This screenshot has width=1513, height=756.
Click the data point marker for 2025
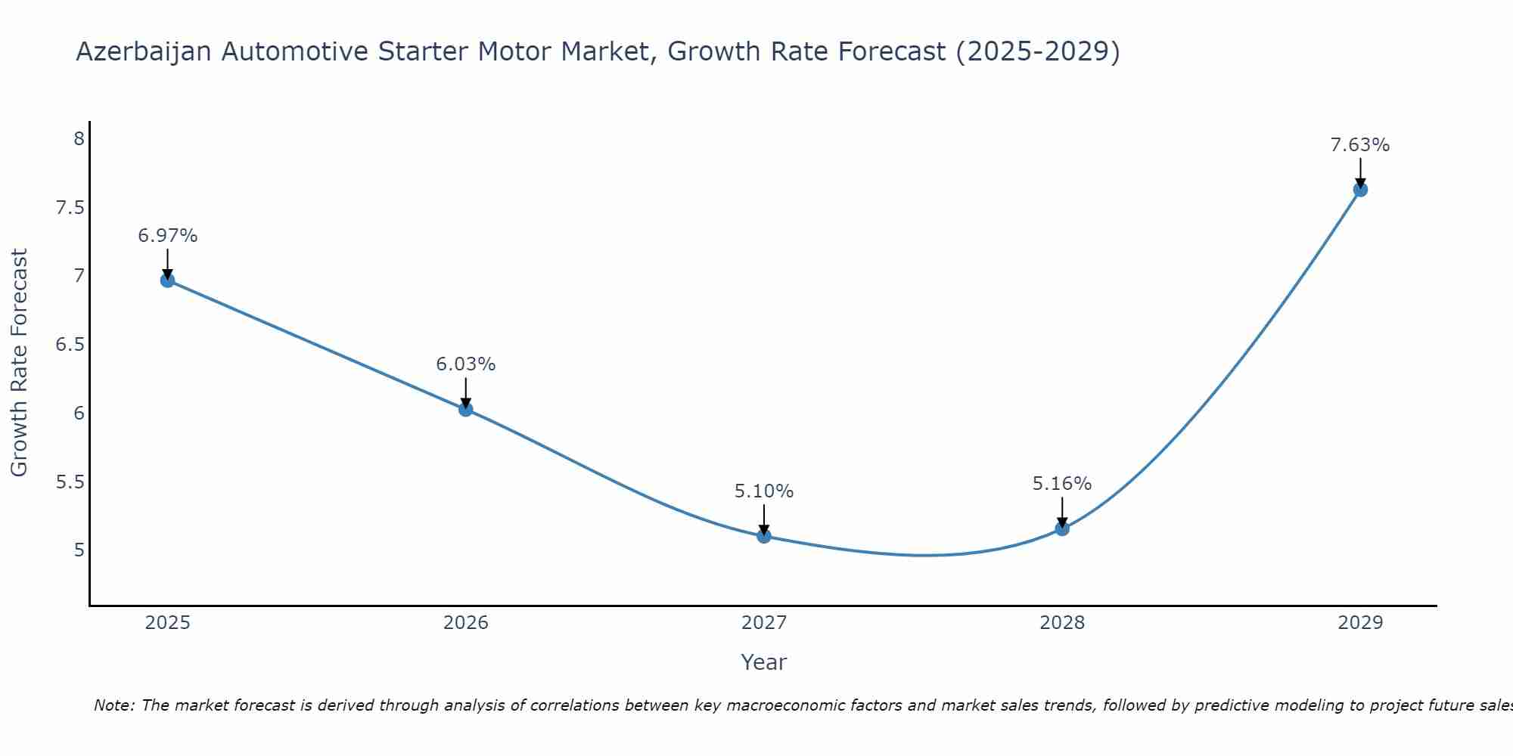(x=167, y=280)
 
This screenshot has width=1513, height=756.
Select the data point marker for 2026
(x=465, y=409)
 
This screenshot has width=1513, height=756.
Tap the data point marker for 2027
(x=763, y=536)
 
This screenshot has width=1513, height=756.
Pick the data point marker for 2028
(x=1061, y=528)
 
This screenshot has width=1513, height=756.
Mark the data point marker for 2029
(x=1359, y=190)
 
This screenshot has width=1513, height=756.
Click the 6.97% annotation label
(x=167, y=236)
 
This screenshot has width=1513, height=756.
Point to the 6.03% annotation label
(x=465, y=364)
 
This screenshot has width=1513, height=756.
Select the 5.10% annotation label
(x=763, y=491)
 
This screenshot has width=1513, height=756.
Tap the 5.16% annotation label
(x=1061, y=484)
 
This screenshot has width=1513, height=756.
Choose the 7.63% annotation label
(x=1359, y=145)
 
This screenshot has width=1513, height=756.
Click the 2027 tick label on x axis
(x=763, y=623)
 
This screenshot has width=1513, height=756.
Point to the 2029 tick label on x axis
(x=1359, y=623)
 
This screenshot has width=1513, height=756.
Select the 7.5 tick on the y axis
(x=70, y=208)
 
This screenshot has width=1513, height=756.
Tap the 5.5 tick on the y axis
(x=70, y=482)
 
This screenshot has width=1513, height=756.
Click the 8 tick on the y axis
(x=78, y=139)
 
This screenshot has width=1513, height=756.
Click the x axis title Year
(x=763, y=662)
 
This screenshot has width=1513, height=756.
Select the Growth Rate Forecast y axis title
(x=19, y=363)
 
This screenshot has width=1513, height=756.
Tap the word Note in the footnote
(x=113, y=705)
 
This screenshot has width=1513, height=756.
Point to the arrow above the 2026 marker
(x=465, y=392)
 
